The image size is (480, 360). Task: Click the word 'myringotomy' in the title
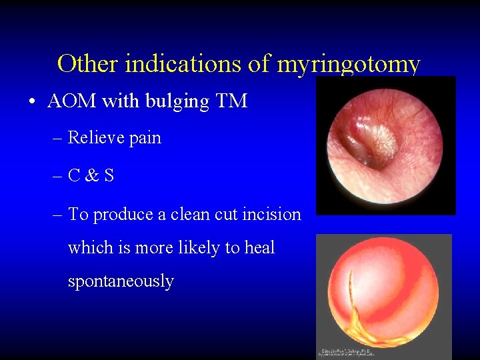(348, 65)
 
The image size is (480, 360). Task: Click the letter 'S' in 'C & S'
(109, 176)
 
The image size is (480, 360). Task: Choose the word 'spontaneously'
(121, 282)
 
